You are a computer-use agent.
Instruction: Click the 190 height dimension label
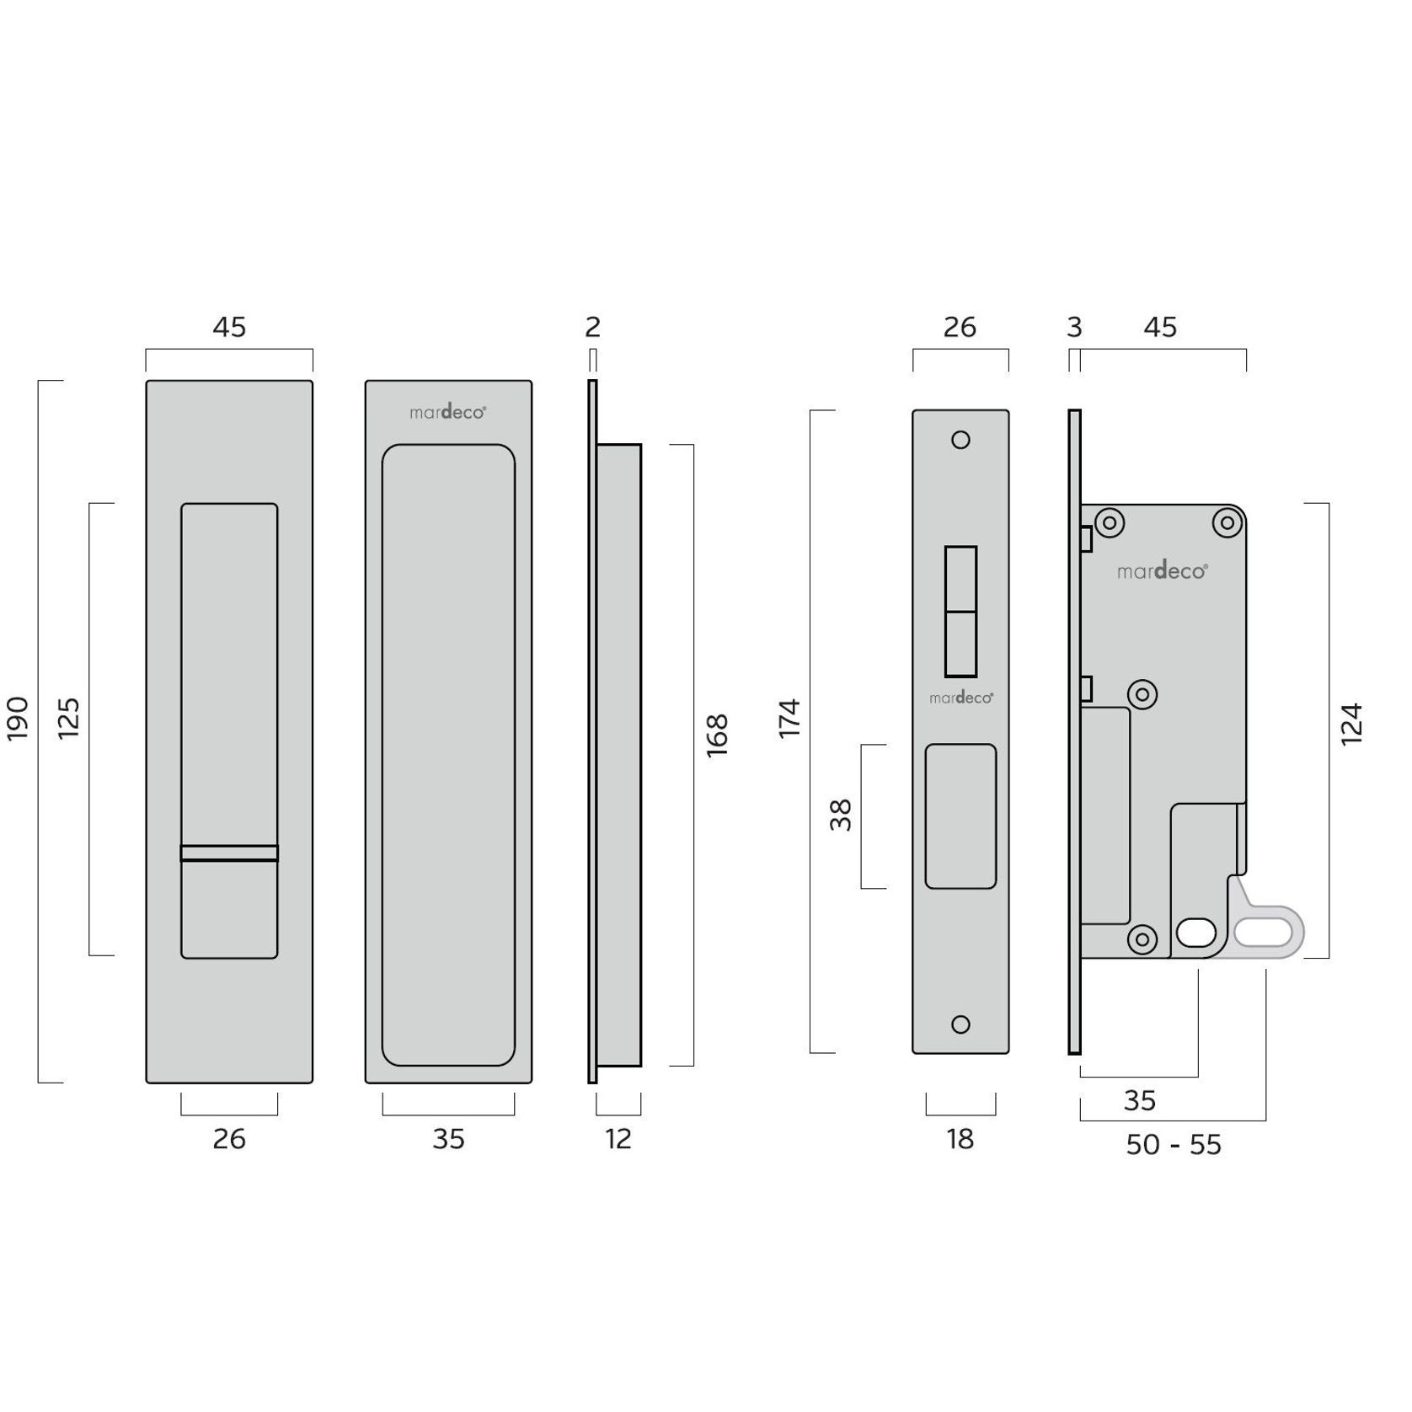coord(19,719)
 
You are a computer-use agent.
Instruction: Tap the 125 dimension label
coord(68,719)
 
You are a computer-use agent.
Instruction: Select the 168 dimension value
coord(717,735)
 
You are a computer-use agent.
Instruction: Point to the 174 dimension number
coord(789,719)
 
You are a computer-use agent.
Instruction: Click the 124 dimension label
coord(1351,724)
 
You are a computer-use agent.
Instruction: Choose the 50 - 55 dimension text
coord(1174,1145)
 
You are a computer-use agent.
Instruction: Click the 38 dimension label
coord(841,815)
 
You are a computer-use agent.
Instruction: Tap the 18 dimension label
coord(960,1139)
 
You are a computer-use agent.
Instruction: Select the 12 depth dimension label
coord(618,1139)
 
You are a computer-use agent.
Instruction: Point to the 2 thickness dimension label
coord(592,327)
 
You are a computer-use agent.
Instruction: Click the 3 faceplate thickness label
coord(1074,327)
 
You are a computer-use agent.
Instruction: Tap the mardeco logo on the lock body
coord(1163,571)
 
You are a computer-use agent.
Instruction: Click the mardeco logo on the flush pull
coord(447,412)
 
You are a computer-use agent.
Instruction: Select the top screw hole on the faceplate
coord(960,440)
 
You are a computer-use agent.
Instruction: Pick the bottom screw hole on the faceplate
coord(960,1024)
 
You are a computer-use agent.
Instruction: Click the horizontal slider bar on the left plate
coord(229,853)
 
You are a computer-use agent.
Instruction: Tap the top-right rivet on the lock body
coord(1227,523)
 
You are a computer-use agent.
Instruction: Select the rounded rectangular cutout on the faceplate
coord(960,816)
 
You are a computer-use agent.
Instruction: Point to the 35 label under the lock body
coord(1139,1100)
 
